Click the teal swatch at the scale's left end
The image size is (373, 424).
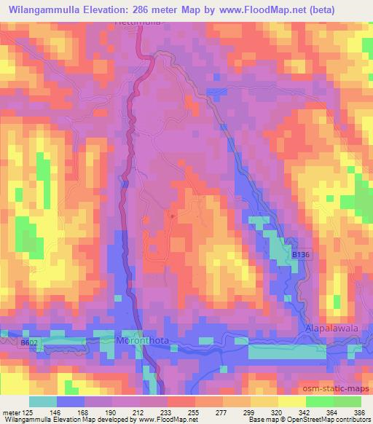pyautogui.click(x=42, y=401)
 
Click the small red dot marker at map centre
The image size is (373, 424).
pyautogui.click(x=172, y=216)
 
